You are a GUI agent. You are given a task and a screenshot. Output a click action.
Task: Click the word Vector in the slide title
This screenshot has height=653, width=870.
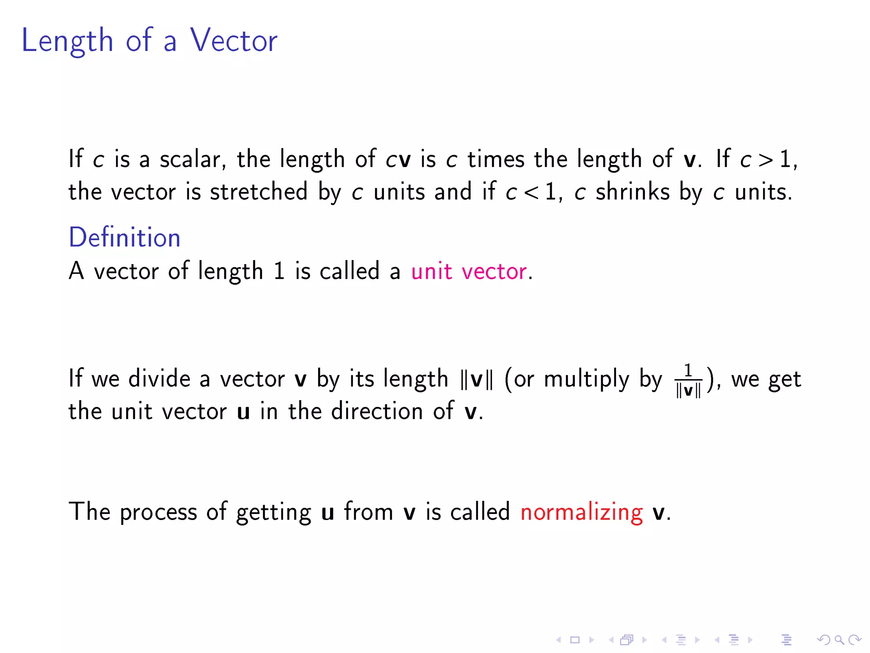234,40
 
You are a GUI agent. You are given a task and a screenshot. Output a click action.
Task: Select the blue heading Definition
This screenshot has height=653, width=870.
124,237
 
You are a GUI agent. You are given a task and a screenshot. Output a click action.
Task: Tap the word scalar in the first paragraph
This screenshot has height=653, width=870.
190,159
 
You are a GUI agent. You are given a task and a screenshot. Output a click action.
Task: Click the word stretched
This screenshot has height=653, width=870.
259,192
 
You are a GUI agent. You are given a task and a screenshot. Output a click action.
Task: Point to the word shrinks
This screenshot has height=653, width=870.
632,192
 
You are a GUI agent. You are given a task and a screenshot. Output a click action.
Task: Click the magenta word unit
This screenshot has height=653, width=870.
431,271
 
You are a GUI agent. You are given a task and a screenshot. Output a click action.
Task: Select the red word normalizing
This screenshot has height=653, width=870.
581,512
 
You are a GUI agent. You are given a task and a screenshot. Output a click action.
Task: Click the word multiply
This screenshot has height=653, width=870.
586,379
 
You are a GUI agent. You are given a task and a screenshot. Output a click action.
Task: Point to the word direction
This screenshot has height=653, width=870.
377,411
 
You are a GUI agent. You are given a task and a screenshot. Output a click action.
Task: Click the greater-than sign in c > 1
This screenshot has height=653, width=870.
766,160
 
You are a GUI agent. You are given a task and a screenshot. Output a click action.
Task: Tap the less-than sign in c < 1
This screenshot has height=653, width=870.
531,192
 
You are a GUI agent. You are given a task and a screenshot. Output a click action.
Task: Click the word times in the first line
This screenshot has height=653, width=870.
496,159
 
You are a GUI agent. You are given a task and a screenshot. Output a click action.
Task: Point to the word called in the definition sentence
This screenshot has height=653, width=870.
349,271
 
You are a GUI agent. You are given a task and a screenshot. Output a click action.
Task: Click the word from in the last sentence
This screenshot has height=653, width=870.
368,511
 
